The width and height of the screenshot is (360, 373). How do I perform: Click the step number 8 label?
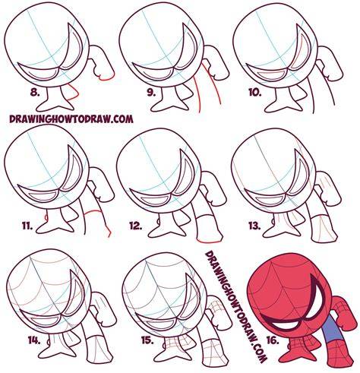pyautogui.click(x=35, y=93)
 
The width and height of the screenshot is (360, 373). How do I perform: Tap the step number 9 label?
pyautogui.click(x=151, y=93)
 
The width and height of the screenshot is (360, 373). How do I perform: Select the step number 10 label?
pyautogui.click(x=255, y=93)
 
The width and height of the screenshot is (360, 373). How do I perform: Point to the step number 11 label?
pyautogui.click(x=27, y=226)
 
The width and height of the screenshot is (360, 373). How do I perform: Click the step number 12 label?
pyautogui.click(x=137, y=226)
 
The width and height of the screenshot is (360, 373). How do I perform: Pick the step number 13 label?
pyautogui.click(x=254, y=226)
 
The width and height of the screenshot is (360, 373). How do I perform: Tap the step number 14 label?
pyautogui.click(x=34, y=340)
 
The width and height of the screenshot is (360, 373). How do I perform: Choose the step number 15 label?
pyautogui.click(x=147, y=340)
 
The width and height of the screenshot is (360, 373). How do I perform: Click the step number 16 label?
pyautogui.click(x=273, y=340)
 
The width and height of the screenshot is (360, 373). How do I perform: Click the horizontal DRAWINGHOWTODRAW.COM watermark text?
pyautogui.click(x=71, y=119)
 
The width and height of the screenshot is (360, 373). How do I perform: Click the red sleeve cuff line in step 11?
pyautogui.click(x=93, y=212)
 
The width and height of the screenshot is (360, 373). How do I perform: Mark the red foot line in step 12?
pyautogui.click(x=209, y=241)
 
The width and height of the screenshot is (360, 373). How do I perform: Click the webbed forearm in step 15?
pyautogui.click(x=210, y=348)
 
